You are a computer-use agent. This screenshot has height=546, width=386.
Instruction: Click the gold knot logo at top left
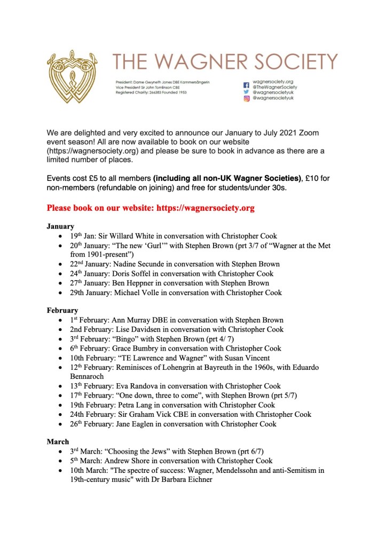click(74, 76)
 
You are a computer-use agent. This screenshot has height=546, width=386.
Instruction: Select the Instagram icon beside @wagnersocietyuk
click(247, 99)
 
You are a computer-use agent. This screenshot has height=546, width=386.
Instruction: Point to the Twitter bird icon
click(247, 92)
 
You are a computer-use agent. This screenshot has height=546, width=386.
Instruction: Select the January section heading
click(60, 226)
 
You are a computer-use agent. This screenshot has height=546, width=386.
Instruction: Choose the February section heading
click(62, 310)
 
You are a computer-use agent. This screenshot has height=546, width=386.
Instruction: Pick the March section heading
click(58, 441)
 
